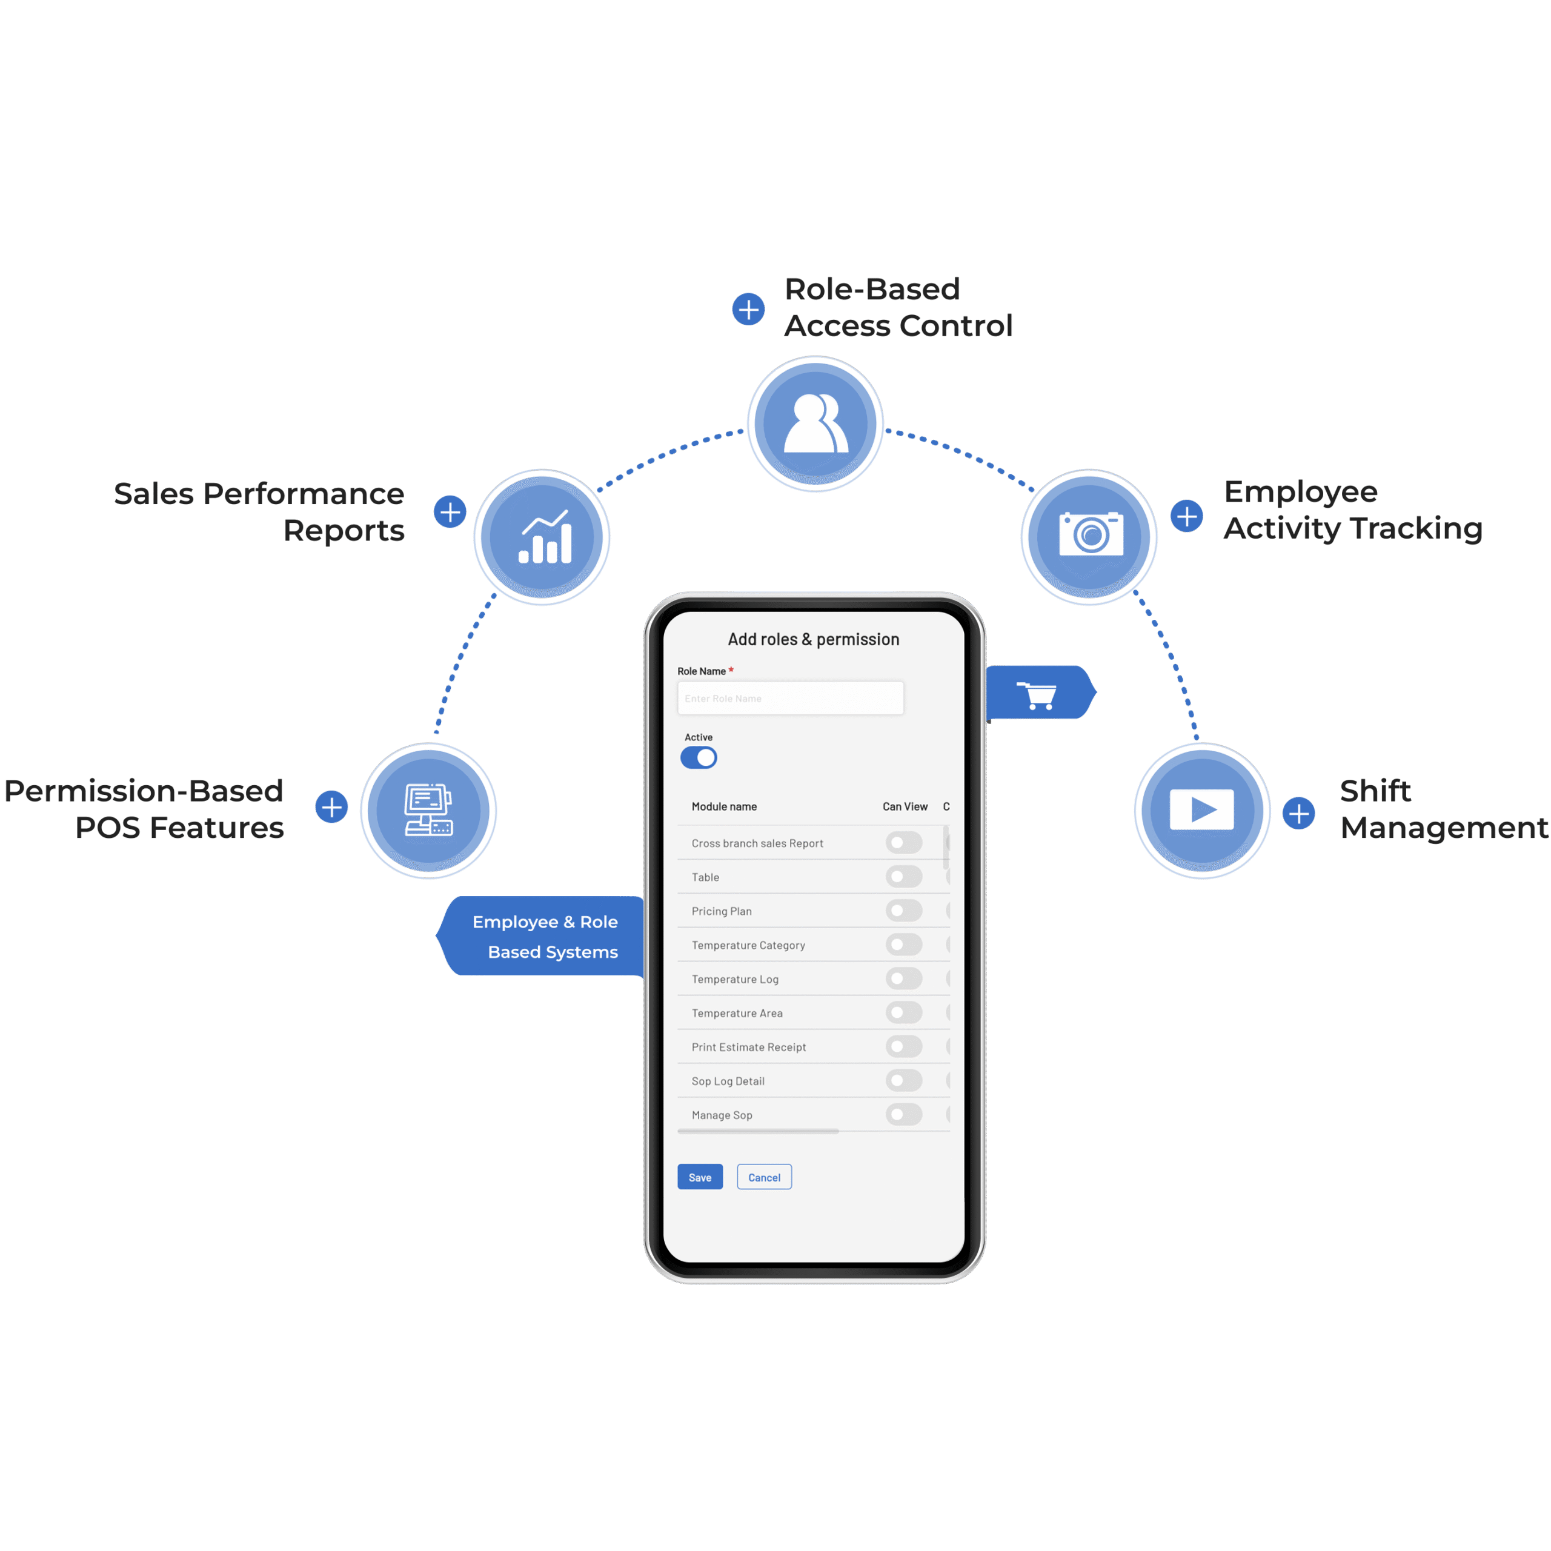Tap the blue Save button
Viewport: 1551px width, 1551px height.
pos(700,1177)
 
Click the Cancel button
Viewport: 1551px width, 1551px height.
pos(764,1177)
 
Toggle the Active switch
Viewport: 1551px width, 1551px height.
pos(699,757)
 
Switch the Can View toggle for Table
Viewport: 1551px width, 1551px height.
pos(904,877)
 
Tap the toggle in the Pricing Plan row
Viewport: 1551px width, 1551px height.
pos(904,911)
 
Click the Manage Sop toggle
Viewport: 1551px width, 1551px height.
pos(904,1114)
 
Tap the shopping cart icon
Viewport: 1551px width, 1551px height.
pos(1037,694)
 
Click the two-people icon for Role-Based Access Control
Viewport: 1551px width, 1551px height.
pos(815,423)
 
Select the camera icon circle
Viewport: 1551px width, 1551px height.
pos(1089,536)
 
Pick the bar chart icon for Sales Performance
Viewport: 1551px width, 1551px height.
pos(545,536)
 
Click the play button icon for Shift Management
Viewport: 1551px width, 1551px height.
pos(1202,809)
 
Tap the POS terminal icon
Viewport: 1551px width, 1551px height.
pos(429,810)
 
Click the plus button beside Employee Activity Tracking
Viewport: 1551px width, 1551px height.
pos(1186,516)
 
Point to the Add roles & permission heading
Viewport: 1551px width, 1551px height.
pos(813,639)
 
